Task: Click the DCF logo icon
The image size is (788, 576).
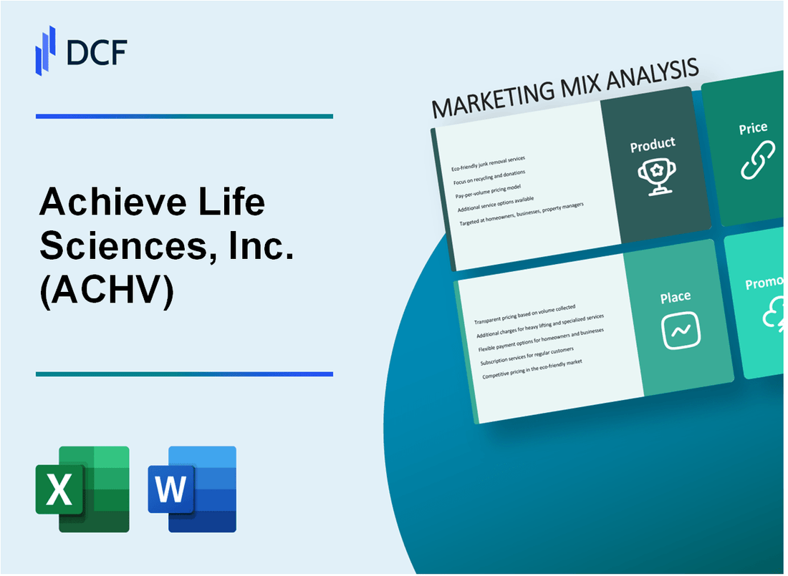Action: (45, 50)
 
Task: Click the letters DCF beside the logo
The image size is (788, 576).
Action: (96, 52)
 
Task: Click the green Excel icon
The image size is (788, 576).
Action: (82, 489)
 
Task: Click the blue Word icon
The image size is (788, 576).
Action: (192, 489)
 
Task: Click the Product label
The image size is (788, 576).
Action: (652, 145)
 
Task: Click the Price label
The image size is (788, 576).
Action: (753, 129)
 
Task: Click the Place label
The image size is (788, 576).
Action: (675, 297)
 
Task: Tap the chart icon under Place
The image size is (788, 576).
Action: (681, 330)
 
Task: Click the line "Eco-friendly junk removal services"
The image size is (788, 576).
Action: (488, 163)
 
